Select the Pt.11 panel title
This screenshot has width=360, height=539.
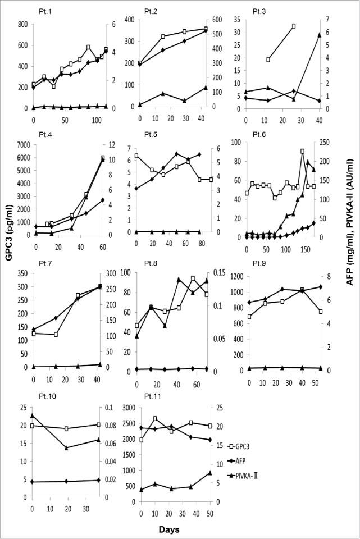tap(153, 396)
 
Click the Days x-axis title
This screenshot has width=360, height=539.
tap(170, 529)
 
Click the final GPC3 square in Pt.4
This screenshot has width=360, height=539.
tap(103, 158)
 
